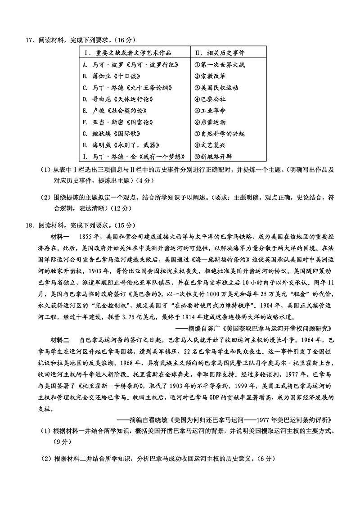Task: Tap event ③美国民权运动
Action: pos(216,88)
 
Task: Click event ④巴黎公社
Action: pos(210,99)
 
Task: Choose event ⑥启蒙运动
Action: pos(210,122)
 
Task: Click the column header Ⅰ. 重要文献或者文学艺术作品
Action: pos(128,53)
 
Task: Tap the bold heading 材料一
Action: pos(61,236)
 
